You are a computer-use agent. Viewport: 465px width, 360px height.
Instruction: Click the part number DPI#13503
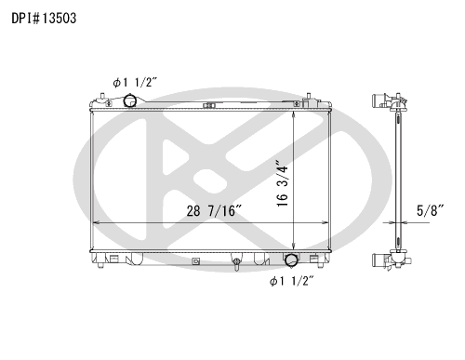tap(44, 19)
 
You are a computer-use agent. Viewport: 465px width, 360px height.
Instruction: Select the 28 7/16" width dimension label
tap(214, 211)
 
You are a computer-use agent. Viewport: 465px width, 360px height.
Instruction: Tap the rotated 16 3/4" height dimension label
tap(283, 183)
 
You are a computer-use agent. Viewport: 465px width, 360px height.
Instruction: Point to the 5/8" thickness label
tap(430, 210)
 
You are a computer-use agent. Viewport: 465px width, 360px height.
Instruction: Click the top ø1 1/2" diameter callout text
tap(135, 83)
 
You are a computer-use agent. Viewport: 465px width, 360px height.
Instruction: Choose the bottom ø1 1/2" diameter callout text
tap(291, 281)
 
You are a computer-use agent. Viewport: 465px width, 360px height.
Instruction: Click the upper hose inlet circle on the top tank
tap(129, 100)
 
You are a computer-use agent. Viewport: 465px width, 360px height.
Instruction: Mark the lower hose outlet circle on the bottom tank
tap(291, 260)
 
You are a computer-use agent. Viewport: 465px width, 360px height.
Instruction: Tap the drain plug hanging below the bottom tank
tap(236, 263)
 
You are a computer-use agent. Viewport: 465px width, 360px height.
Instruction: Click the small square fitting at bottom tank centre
tap(195, 261)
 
